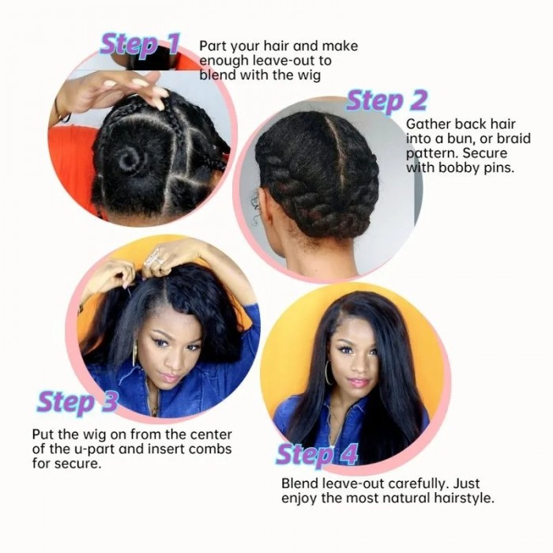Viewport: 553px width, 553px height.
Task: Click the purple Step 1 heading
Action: (140, 45)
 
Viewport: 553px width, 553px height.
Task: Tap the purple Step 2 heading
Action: (386, 100)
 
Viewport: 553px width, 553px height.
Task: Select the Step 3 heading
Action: (77, 402)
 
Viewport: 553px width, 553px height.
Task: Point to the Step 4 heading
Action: (317, 455)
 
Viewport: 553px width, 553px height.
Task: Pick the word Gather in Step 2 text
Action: (427, 124)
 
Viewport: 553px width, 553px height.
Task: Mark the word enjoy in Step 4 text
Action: (299, 498)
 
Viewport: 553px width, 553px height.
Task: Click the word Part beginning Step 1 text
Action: (213, 46)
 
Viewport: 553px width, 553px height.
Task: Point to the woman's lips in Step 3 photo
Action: (170, 377)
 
